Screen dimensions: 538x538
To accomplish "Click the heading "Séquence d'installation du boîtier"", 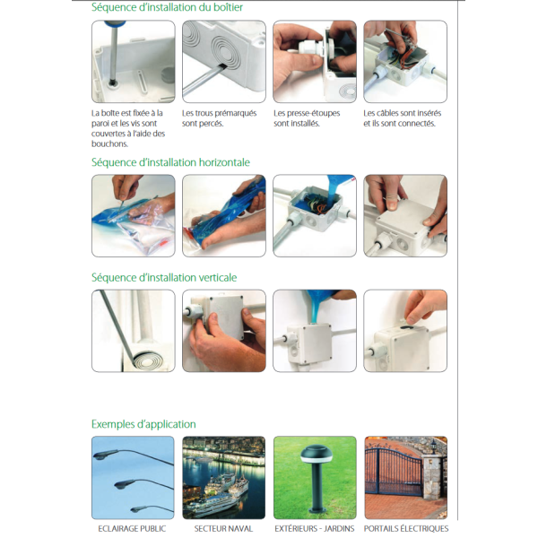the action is [167, 7].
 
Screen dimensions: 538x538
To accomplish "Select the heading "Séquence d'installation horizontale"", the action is [170, 162].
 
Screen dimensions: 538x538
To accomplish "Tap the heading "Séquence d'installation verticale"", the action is [164, 278].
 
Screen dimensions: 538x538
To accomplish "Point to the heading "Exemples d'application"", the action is [143, 424].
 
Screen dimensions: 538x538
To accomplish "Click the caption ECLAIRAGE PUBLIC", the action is [132, 529].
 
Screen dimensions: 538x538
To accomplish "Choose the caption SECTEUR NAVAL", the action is [223, 529].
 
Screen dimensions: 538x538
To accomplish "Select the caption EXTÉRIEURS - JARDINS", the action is [315, 529].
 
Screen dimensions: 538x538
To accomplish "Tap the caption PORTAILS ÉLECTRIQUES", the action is [406, 529].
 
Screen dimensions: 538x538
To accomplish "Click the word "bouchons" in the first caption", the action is [108, 144].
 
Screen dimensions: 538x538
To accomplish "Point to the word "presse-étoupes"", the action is [314, 114].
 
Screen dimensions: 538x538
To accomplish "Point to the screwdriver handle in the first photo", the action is [114, 24].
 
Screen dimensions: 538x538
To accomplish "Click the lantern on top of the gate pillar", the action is [434, 447].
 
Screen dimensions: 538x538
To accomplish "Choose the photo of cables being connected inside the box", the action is [405, 61].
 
